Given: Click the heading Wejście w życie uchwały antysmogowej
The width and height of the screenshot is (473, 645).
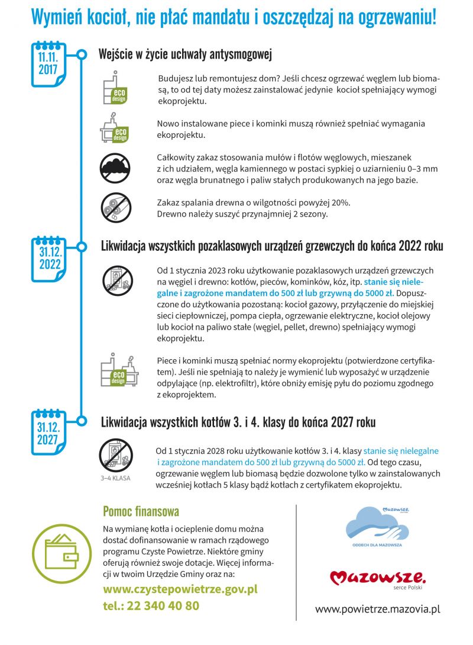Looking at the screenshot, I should (x=184, y=55).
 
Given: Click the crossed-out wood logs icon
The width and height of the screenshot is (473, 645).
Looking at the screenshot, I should (x=115, y=207).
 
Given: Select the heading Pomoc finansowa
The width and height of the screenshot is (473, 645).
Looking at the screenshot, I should (x=141, y=511).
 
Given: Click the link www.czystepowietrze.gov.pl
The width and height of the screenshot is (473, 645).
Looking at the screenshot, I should (x=180, y=589).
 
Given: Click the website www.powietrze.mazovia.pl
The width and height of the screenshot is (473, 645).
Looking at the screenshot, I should (x=378, y=608).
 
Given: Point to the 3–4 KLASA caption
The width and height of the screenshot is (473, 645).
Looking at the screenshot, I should (x=115, y=478).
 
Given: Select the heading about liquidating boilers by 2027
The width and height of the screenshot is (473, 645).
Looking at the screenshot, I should (x=238, y=423).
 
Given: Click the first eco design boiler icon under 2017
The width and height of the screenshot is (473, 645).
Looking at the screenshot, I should (x=115, y=88).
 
